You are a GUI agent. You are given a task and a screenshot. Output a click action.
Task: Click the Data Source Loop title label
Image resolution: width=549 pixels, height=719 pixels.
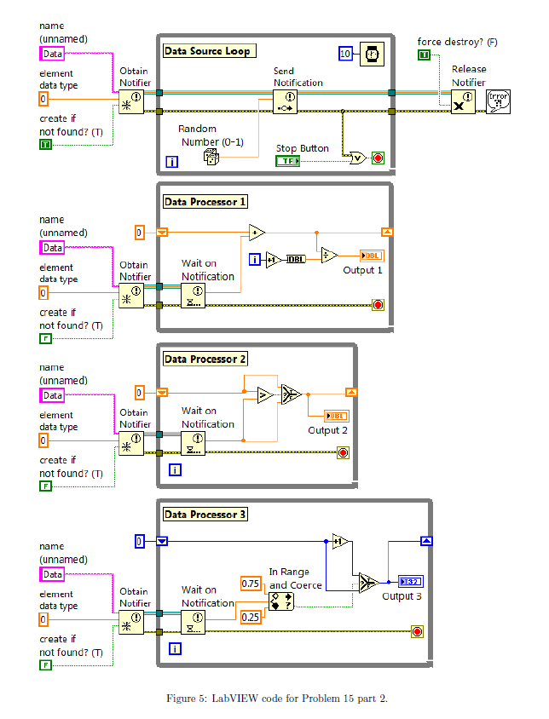(207, 51)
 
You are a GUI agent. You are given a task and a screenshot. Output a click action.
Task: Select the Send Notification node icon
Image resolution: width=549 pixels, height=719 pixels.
(285, 102)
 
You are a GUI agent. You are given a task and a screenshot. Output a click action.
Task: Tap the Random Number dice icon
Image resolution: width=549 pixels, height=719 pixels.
(212, 156)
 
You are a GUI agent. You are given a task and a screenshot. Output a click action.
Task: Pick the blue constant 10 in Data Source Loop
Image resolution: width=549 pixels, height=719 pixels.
(344, 54)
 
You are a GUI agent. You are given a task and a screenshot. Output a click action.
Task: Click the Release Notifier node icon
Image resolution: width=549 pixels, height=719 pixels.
(463, 102)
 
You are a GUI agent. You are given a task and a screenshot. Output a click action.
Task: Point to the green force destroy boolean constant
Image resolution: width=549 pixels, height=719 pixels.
(424, 55)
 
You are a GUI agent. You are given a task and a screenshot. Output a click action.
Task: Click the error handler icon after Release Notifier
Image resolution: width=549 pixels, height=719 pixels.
(497, 102)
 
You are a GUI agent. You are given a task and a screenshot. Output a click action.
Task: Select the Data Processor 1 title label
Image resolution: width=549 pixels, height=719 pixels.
(205, 202)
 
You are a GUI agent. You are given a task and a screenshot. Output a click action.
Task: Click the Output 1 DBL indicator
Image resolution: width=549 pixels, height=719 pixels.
(372, 256)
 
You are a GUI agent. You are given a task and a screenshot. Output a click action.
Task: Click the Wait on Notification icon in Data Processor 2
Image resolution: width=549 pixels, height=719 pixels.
(193, 443)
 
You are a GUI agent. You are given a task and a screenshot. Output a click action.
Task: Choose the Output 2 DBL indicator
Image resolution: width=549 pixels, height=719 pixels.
(336, 416)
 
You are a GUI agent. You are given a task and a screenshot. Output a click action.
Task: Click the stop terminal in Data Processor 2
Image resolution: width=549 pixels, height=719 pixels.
(343, 452)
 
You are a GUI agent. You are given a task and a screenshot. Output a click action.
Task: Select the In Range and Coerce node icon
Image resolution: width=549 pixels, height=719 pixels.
(280, 601)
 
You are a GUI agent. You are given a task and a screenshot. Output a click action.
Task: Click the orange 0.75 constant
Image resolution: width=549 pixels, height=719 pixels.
(251, 584)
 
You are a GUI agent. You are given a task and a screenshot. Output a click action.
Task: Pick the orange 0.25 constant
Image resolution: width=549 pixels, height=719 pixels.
(250, 617)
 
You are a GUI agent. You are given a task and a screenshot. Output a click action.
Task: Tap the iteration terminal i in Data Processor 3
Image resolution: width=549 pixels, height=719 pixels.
(175, 649)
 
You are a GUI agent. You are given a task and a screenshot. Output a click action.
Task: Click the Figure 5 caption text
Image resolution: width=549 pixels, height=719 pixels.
(276, 699)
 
